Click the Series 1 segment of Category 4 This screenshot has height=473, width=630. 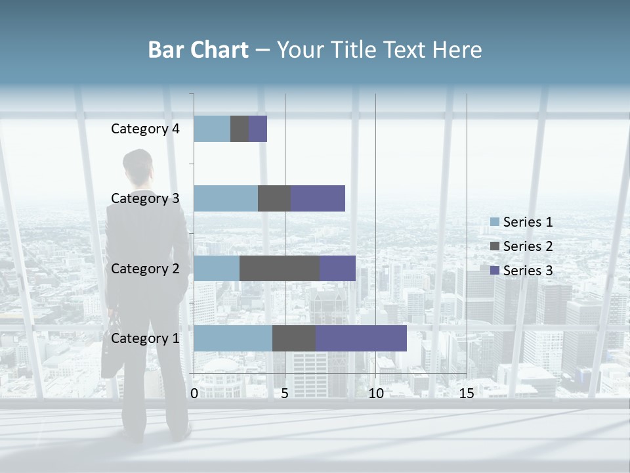[x=212, y=129]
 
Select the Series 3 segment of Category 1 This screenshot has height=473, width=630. [x=361, y=338]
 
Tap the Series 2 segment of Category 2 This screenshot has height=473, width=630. [x=280, y=268]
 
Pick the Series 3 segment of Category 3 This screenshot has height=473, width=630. [x=318, y=198]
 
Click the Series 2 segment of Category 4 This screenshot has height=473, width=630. [x=240, y=129]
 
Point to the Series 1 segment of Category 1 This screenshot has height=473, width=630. [x=233, y=338]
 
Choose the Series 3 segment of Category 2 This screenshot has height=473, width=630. [x=337, y=268]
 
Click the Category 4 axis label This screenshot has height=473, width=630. [x=145, y=129]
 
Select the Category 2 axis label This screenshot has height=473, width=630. [x=145, y=268]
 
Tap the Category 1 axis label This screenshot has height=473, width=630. [x=145, y=338]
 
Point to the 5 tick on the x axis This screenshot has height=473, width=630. [x=285, y=394]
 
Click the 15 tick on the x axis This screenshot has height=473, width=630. [x=467, y=394]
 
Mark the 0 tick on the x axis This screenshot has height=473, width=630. [x=194, y=394]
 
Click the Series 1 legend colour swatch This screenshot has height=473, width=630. [x=495, y=222]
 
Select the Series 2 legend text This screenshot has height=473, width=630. [x=528, y=246]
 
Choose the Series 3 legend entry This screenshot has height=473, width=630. [x=521, y=271]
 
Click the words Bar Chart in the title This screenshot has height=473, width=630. [x=198, y=49]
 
